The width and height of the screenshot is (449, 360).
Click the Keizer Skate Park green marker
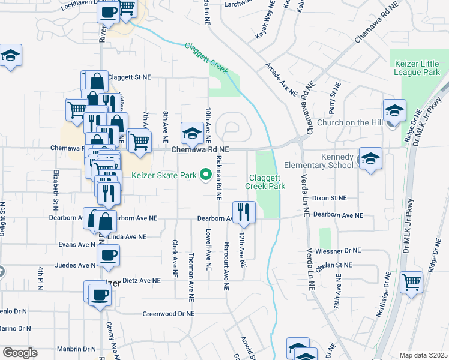coord(206,175)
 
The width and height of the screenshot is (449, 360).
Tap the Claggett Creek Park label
coord(265,182)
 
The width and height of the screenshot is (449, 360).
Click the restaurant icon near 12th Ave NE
coord(244,211)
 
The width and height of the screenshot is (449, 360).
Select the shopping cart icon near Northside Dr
coord(411,281)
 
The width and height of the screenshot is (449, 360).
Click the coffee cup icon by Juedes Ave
coord(108,255)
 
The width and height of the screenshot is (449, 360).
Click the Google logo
coord(20,352)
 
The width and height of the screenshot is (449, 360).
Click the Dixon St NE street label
coord(330,197)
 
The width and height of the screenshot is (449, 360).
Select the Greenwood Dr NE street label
coord(169,314)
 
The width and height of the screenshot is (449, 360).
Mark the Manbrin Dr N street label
coord(76,349)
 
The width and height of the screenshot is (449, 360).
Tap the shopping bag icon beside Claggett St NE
coord(96,80)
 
